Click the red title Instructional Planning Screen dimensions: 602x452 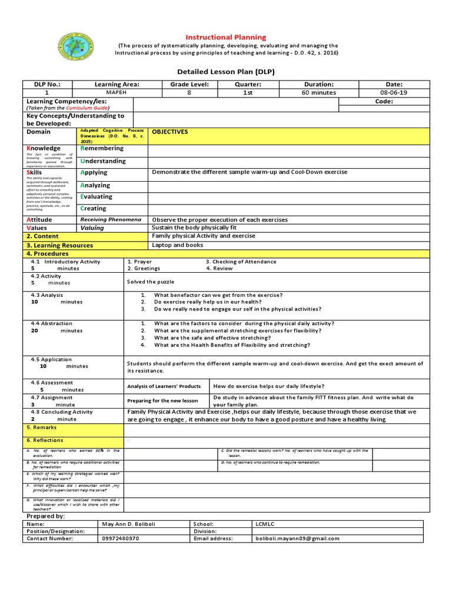point(227,37)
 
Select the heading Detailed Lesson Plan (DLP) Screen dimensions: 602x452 point(226,72)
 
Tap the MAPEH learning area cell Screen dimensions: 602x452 point(117,93)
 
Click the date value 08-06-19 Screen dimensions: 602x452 point(394,93)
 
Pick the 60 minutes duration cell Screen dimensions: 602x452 point(318,93)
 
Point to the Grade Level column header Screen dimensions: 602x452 point(190,85)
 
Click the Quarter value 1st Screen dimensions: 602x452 point(248,93)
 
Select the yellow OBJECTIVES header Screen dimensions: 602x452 point(170,132)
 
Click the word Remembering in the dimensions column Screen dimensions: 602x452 point(102,149)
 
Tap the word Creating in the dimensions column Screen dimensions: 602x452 point(94,209)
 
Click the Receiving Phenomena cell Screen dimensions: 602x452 point(111,219)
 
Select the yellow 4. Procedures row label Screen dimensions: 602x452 point(47,253)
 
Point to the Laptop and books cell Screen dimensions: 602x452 point(178,245)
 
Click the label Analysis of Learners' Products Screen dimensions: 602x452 point(164,386)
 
